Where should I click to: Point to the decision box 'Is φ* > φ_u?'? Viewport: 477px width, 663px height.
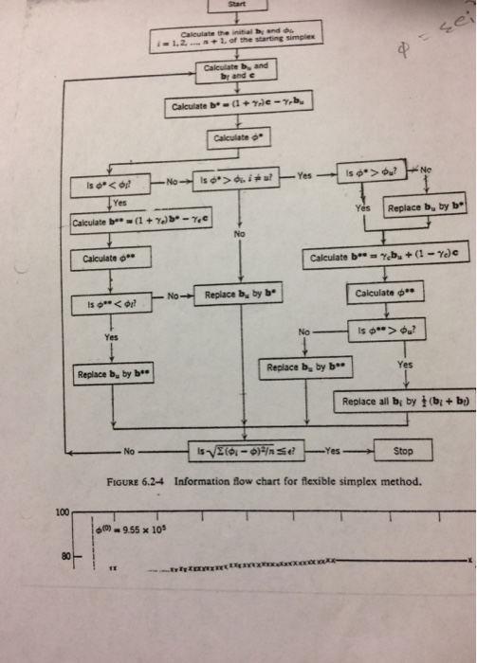point(369,175)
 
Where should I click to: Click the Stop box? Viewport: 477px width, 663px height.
point(403,452)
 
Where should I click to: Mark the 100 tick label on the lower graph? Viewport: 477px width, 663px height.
point(62,512)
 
